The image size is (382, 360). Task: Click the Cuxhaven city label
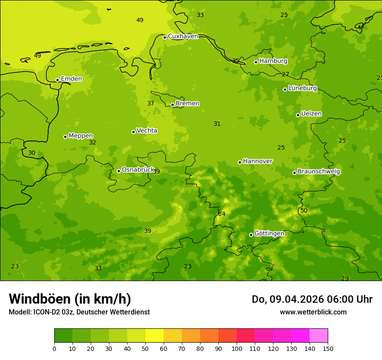click(183, 36)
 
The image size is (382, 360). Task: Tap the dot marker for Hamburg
click(256, 62)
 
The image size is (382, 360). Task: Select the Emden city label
click(71, 79)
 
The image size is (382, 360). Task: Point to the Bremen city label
click(188, 104)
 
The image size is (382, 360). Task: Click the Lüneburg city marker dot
click(285, 89)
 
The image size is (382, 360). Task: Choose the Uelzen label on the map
click(311, 114)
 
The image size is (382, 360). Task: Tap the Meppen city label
click(81, 136)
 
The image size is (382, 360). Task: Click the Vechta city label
click(147, 131)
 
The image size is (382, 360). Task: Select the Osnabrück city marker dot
click(119, 171)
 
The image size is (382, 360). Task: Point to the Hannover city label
click(257, 161)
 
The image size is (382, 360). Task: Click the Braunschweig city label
click(319, 172)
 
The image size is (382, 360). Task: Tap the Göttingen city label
click(269, 234)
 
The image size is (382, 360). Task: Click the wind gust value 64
click(222, 214)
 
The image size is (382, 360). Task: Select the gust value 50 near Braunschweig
click(304, 211)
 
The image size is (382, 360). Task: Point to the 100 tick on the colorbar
click(237, 348)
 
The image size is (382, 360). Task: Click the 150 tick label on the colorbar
click(328, 348)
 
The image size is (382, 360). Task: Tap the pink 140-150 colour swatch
click(319, 335)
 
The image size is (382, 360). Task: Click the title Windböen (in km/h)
click(70, 299)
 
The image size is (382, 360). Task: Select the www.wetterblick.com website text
click(313, 312)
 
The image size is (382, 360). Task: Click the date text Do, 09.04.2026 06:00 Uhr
click(312, 299)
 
